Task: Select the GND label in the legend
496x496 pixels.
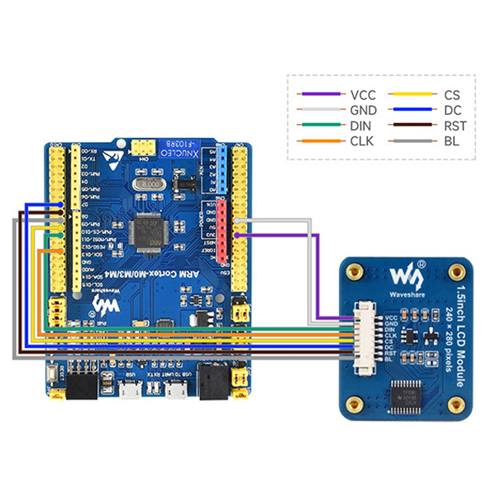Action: pyautogui.click(x=364, y=110)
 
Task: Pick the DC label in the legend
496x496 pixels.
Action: pyautogui.click(x=451, y=110)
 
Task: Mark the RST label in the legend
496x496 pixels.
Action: pyautogui.click(x=454, y=126)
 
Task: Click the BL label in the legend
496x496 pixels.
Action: pyautogui.click(x=451, y=141)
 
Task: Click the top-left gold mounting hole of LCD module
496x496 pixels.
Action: pyautogui.click(x=355, y=270)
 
